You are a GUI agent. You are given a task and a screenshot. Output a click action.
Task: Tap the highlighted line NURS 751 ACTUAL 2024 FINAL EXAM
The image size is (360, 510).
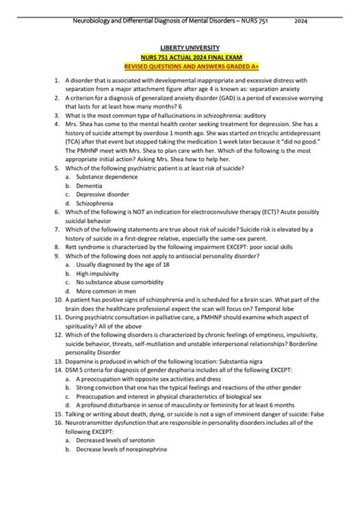pos(180,57)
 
